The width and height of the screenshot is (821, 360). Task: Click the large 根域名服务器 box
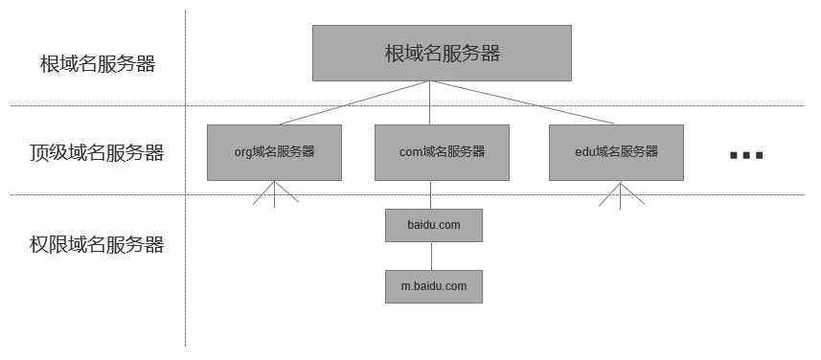point(442,53)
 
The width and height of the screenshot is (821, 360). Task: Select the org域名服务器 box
point(274,152)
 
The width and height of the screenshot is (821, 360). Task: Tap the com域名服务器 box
point(442,152)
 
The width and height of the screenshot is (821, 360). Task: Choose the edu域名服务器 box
point(616,152)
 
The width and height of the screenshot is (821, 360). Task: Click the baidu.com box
point(433,225)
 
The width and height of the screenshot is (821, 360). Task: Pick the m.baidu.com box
point(433,286)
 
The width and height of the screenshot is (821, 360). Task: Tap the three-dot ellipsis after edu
point(745,155)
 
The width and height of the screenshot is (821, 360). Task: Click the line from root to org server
point(354,102)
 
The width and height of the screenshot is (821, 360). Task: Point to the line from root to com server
point(431,102)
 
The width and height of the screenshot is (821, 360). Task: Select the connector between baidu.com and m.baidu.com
point(432,256)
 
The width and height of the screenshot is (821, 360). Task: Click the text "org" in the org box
point(244,152)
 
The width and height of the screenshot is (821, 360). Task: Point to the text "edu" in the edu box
point(583,152)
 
